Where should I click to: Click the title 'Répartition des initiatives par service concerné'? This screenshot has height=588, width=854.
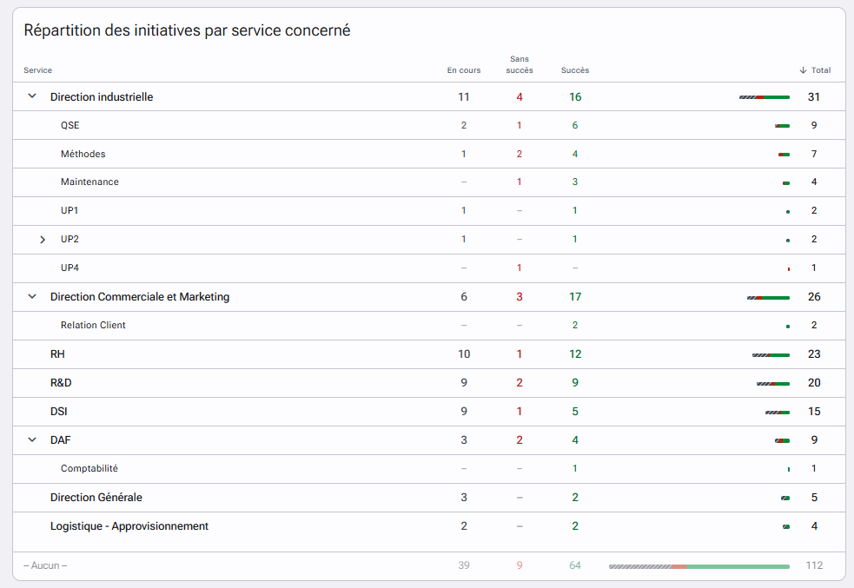coord(187,30)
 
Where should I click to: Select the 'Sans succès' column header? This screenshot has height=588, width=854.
coord(519,64)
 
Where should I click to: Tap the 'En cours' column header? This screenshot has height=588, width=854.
coord(464,70)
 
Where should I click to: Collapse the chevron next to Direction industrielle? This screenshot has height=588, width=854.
coord(32,96)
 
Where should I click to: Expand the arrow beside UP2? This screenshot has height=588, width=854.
coord(43,240)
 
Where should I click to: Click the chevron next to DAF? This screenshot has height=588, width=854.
coord(32,439)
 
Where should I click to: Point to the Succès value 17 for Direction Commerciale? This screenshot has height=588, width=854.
coord(575,297)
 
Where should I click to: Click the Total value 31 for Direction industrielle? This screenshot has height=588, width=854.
coord(814,97)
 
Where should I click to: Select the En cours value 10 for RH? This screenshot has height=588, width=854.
coord(464,353)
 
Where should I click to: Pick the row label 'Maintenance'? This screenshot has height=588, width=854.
coord(89,182)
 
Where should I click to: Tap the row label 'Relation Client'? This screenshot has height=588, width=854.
coord(93,325)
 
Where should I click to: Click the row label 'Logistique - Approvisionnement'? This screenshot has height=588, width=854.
coord(129,526)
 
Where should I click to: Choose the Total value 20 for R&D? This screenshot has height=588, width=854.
coord(814,383)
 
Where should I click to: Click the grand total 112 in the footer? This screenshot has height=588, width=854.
coord(814,565)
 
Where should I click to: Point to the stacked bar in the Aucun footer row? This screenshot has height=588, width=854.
coord(699,567)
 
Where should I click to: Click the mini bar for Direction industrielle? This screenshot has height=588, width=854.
coord(765,97)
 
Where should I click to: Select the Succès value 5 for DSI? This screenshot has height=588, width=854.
coord(575,412)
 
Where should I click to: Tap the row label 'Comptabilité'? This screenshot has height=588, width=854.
coord(89,468)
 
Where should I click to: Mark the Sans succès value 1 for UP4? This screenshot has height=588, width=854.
coord(519,268)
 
